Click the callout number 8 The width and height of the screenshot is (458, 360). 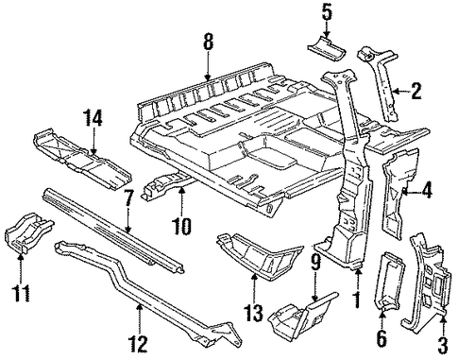point(208,42)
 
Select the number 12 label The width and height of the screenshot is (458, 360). point(138,344)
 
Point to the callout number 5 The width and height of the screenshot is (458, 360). point(326,12)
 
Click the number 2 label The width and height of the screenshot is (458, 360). point(416,92)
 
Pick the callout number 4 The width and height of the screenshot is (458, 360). point(427,191)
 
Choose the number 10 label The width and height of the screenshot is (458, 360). point(181,226)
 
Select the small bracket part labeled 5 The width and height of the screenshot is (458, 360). point(327,49)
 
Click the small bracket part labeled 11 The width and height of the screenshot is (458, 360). point(27,232)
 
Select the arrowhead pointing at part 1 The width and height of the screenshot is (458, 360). point(358,274)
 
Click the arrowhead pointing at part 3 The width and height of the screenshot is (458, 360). point(443,319)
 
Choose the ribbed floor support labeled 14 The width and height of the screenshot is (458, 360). point(82,158)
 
